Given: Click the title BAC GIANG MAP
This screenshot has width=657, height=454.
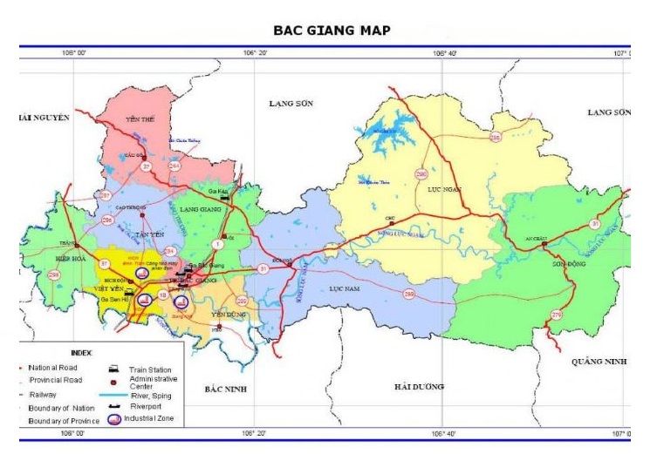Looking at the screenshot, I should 332,30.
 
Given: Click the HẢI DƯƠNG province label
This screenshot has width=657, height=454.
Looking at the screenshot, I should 419,386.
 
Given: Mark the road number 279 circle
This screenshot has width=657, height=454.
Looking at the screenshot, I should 557,314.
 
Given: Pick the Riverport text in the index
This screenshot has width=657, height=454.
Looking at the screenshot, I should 147,405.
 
